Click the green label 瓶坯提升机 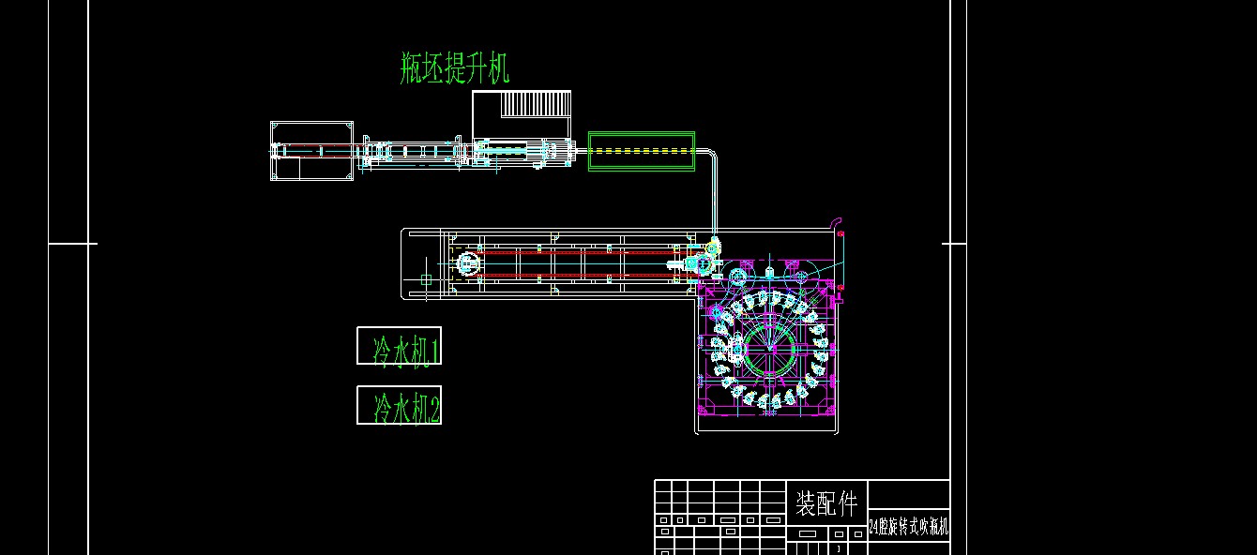click(x=455, y=68)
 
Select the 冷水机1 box click(x=399, y=346)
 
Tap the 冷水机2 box click(x=399, y=405)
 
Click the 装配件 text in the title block click(x=825, y=504)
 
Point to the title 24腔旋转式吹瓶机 click(x=908, y=528)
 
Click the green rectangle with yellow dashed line click(x=642, y=151)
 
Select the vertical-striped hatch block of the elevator click(x=536, y=103)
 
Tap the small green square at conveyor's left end click(x=426, y=279)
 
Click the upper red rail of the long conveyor click(x=572, y=252)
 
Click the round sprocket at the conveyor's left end click(x=466, y=264)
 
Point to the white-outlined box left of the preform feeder click(x=311, y=151)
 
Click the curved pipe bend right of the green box click(x=710, y=154)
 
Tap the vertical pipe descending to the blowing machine click(x=715, y=197)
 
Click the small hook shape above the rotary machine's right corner click(x=834, y=222)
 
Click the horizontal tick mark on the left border click(x=73, y=244)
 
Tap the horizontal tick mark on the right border click(x=954, y=244)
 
